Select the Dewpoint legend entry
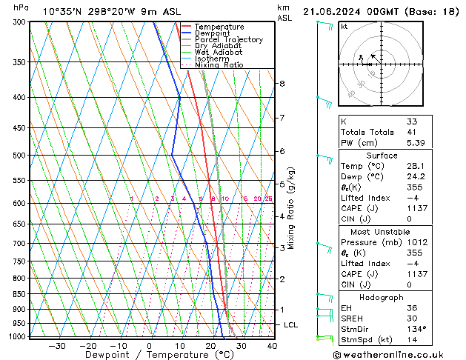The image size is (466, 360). pyautogui.click(x=213, y=33)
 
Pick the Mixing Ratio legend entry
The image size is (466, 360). pyautogui.click(x=219, y=65)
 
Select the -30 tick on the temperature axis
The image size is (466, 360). pyautogui.click(x=57, y=346)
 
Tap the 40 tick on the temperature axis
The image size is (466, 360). pyautogui.click(x=272, y=346)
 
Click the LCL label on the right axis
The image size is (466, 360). pyautogui.click(x=291, y=324)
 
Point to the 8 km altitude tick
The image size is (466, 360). pyautogui.click(x=282, y=84)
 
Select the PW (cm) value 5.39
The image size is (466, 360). pyautogui.click(x=414, y=143)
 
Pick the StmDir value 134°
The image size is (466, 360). pyautogui.click(x=416, y=328)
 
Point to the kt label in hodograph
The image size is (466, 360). pyautogui.click(x=344, y=27)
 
